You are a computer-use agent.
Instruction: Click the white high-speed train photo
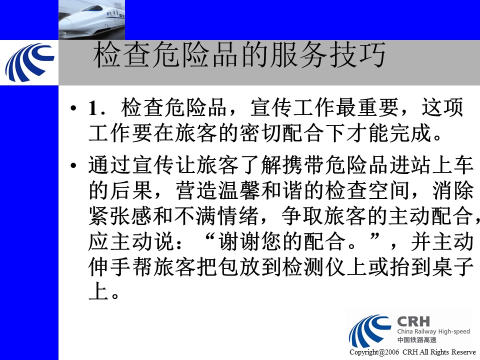click(91, 19)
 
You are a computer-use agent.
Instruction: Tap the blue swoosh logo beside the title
click(29, 62)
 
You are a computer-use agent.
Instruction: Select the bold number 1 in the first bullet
click(93, 108)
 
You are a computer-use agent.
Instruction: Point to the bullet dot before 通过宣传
click(73, 165)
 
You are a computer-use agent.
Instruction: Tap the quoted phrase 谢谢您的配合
click(281, 241)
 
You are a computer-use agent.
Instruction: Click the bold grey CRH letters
click(413, 321)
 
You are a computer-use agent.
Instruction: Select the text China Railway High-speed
click(433, 331)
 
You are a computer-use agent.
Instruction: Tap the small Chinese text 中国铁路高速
click(416, 340)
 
